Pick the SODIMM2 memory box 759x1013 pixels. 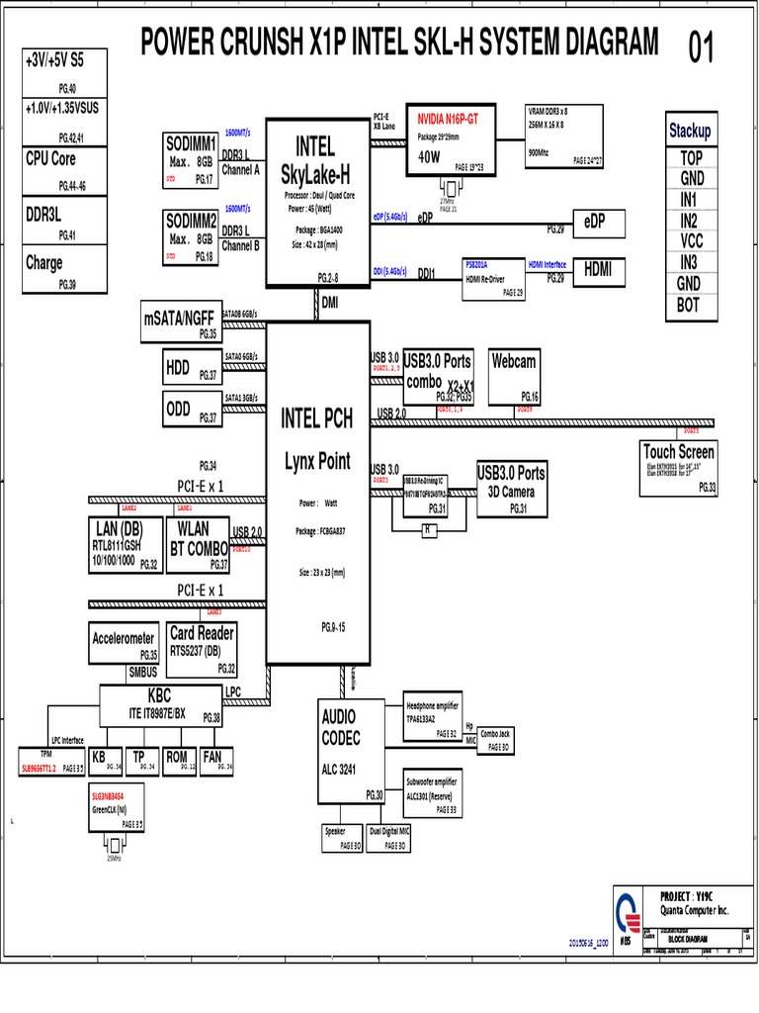tap(191, 235)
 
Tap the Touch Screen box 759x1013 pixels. tap(679, 466)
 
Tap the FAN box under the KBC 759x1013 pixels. tap(215, 762)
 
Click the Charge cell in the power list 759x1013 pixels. tap(65, 269)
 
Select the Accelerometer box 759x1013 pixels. tap(124, 644)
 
